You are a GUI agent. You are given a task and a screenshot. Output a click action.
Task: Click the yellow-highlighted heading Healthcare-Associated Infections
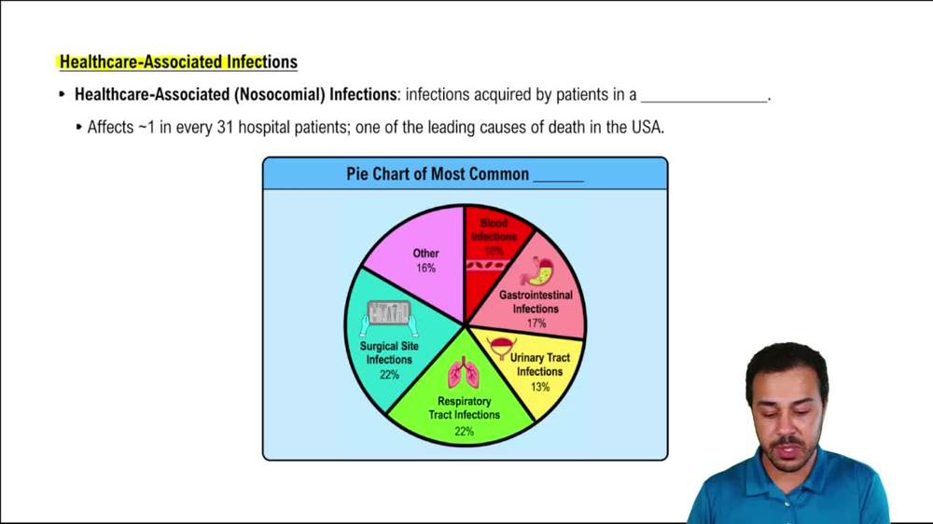pyautogui.click(x=178, y=62)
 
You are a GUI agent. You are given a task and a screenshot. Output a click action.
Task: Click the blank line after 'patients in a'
pyautogui.click(x=704, y=96)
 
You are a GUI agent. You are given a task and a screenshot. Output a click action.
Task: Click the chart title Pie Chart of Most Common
pyautogui.click(x=438, y=174)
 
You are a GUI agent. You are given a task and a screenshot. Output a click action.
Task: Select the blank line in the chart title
pyautogui.click(x=558, y=176)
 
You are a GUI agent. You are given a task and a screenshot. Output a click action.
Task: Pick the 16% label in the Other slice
pyautogui.click(x=425, y=268)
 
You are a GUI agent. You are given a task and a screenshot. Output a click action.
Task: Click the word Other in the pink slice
pyautogui.click(x=425, y=253)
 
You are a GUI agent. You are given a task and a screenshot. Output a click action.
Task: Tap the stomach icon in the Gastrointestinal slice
pyautogui.click(x=537, y=271)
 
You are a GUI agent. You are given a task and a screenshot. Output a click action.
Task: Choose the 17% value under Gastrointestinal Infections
pyautogui.click(x=536, y=324)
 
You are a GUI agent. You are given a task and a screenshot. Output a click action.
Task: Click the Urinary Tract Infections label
pyautogui.click(x=539, y=365)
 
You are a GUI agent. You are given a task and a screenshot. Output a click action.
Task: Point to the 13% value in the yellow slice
pyautogui.click(x=539, y=387)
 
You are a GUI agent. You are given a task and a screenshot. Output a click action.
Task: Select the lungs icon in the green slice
pyautogui.click(x=463, y=373)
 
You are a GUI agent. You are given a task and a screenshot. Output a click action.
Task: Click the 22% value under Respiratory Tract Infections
pyautogui.click(x=464, y=432)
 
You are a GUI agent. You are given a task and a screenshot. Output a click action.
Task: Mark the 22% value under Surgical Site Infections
pyautogui.click(x=389, y=375)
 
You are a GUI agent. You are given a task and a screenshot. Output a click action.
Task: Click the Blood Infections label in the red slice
pyautogui.click(x=494, y=230)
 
